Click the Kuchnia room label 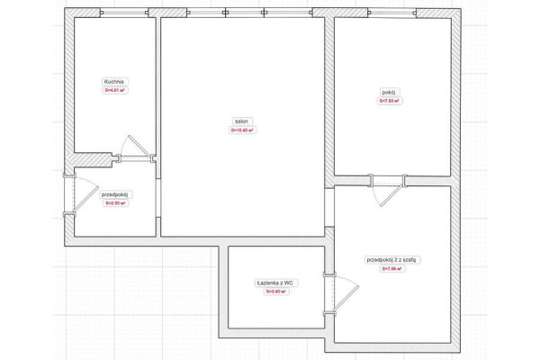(x=113, y=81)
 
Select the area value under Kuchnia (x=113, y=90)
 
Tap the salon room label (x=242, y=121)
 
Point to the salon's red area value (x=242, y=130)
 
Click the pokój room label (x=389, y=92)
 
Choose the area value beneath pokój (x=389, y=101)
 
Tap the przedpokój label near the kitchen (x=116, y=194)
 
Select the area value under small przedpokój (x=116, y=203)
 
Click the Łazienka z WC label (x=275, y=283)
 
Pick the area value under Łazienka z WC (x=275, y=292)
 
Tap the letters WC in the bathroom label (x=289, y=283)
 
